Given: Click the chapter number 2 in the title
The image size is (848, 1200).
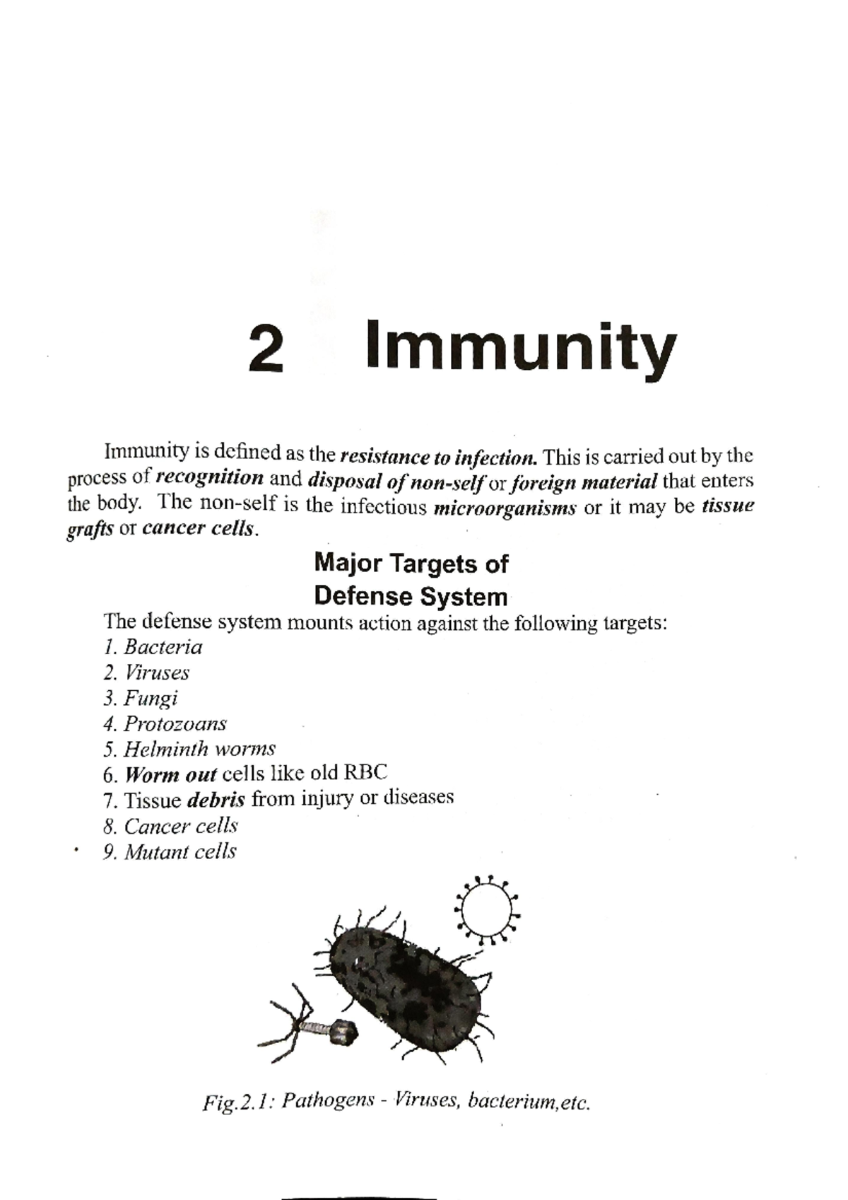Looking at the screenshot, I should point(266,349).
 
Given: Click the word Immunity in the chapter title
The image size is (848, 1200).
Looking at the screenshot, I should point(521,348).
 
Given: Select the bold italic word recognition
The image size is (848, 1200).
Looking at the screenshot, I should point(210,478).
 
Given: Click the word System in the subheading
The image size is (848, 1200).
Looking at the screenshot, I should point(466,597).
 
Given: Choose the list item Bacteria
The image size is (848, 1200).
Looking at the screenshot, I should point(163,647).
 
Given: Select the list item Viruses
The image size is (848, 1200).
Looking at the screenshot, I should point(157,672).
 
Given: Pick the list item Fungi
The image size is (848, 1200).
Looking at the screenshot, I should point(151,699).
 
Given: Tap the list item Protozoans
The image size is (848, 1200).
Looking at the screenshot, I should point(175,724).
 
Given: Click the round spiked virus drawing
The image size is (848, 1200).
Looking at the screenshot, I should point(487,911).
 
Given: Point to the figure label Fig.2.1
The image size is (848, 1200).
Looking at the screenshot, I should point(237,1102).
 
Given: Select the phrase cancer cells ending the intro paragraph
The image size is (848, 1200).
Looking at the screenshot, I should point(197,529).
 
